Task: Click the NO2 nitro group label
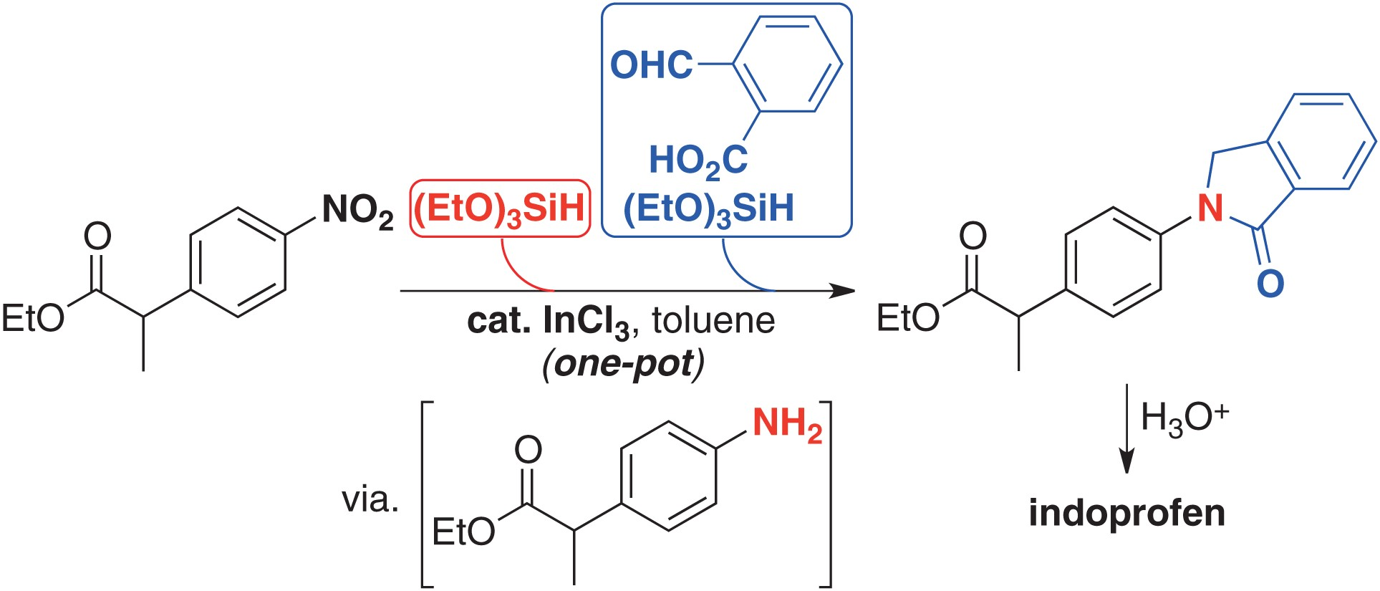pyautogui.click(x=357, y=211)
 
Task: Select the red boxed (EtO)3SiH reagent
pyautogui.click(x=500, y=208)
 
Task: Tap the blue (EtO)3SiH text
pyautogui.click(x=708, y=208)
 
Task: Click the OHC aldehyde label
pyautogui.click(x=651, y=65)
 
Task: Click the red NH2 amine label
pyautogui.click(x=786, y=423)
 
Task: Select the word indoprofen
pyautogui.click(x=1126, y=513)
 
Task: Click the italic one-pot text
pyautogui.click(x=623, y=364)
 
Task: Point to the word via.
pyautogui.click(x=370, y=499)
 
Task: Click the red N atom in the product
pyautogui.click(x=1210, y=208)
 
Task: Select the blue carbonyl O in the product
pyautogui.click(x=1270, y=284)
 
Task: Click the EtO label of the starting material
pyautogui.click(x=33, y=318)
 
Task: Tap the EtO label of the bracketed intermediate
pyautogui.click(x=463, y=532)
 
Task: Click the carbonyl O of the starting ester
pyautogui.click(x=97, y=236)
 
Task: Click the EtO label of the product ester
pyautogui.click(x=908, y=317)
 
